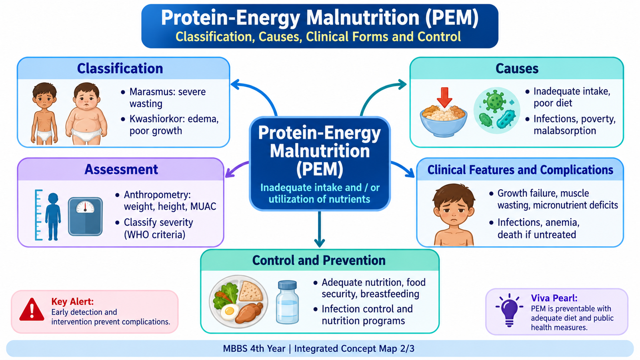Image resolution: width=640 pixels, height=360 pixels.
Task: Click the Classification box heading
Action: click(120, 68)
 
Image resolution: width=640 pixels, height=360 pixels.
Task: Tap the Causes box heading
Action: click(517, 68)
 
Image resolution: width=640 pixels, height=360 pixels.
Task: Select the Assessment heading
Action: click(121, 170)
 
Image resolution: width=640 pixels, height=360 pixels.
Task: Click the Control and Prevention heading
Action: click(319, 260)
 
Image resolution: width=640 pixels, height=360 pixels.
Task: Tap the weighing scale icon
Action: click(85, 216)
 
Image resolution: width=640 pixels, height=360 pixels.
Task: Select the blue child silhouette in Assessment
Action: click(53, 216)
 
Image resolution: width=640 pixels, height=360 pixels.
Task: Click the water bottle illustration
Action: click(287, 302)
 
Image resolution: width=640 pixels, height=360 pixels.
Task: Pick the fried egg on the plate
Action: click(230, 312)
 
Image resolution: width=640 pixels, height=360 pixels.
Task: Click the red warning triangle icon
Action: click(32, 310)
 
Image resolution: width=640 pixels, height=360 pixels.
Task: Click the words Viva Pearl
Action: click(554, 298)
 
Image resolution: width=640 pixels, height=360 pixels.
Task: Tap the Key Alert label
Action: click(72, 302)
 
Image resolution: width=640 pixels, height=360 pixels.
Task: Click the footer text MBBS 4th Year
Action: click(254, 348)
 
